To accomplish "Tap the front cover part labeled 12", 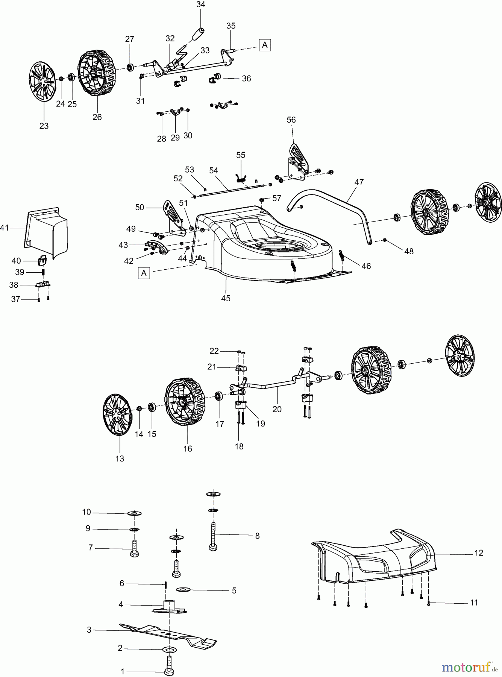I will coord(376,557).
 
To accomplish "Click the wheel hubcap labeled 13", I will coord(117,414).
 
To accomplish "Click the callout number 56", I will coord(291,120).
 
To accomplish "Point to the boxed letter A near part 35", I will coord(265,45).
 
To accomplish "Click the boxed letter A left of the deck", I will coord(144,273).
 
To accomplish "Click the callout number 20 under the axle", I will coord(277,409).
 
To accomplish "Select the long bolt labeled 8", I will coord(213,536).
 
